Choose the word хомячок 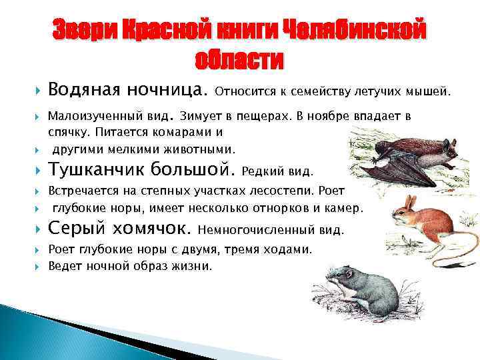point(153,229)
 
